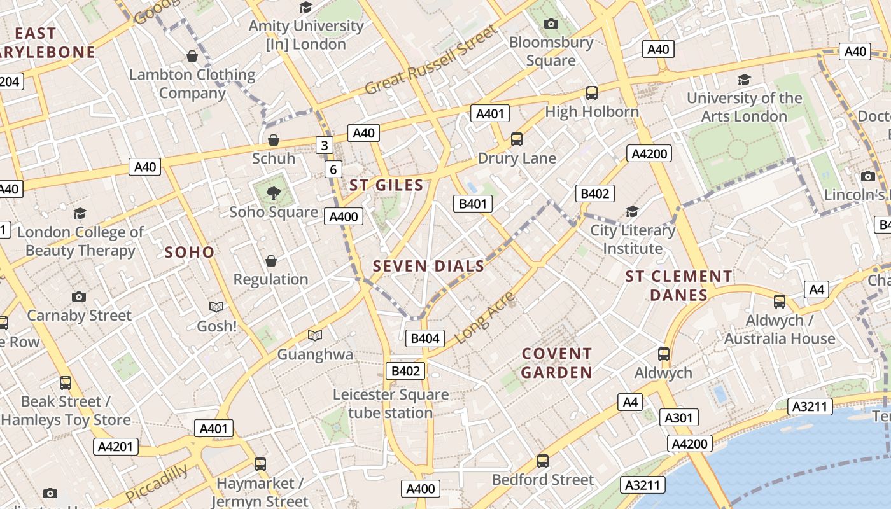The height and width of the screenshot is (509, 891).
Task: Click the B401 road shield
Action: pos(472,204)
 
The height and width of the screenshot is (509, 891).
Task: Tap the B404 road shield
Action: pos(425,338)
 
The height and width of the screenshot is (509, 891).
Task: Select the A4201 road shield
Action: pos(116,447)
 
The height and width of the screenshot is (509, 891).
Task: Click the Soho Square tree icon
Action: pos(274,193)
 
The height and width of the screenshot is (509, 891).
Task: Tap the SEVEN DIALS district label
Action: pos(428,266)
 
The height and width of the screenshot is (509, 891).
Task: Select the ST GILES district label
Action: pos(386,185)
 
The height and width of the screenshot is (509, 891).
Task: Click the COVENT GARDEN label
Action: pos(557,363)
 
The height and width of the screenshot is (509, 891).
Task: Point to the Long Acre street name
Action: pos(486,317)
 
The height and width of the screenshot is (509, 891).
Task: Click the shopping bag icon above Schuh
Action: pos(274,140)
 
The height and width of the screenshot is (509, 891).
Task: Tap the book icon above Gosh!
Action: pos(216,307)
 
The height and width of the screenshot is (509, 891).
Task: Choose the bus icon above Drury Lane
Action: pos(517,139)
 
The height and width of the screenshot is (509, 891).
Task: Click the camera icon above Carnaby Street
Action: pos(79,296)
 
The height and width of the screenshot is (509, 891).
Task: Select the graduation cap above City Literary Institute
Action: pos(632,211)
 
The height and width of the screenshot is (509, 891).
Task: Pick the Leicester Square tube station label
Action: pos(391,403)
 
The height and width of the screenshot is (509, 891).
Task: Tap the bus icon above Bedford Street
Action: pos(543,461)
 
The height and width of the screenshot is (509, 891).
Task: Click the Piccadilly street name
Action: pos(157,484)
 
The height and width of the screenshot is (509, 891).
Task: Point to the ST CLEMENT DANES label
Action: pos(678,286)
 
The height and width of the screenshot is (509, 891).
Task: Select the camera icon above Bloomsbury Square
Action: pos(551,24)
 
